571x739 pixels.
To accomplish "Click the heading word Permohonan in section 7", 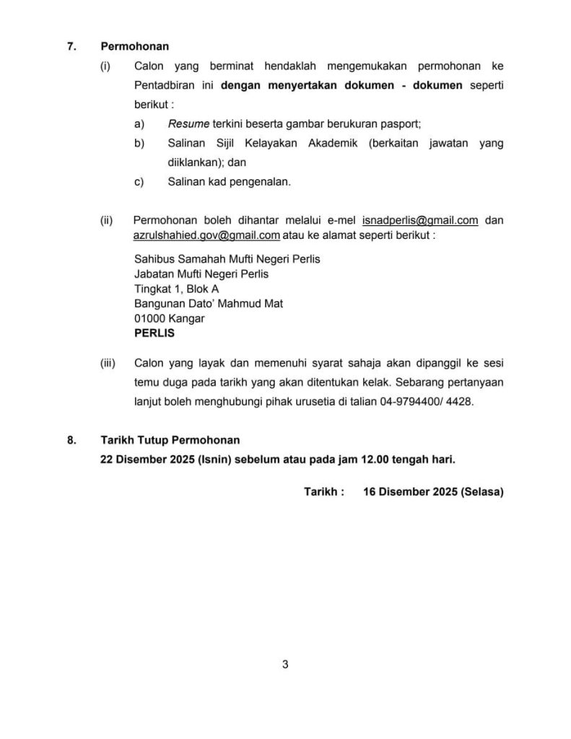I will pos(134,46).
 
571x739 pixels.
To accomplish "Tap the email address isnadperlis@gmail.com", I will pos(420,220).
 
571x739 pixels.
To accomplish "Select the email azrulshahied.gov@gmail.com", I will pos(206,235).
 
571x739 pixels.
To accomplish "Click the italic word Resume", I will pos(185,123).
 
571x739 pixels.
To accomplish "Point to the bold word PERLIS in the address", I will pos(154,334).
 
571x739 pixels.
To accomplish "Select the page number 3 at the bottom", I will pos(286,665).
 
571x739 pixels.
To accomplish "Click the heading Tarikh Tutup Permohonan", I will pos(170,440).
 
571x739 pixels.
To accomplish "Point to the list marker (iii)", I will pos(108,363).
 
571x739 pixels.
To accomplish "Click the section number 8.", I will pos(71,440).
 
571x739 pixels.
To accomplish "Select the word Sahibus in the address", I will pos(154,258).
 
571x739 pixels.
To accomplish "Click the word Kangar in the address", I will pos(186,319).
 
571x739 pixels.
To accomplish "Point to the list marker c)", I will pos(139,182).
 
